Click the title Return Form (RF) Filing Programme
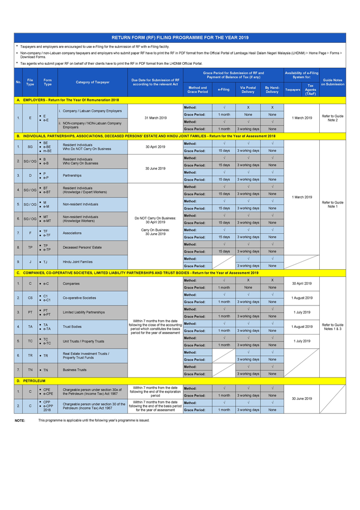coord(179,38)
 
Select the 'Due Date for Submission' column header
coord(155,82)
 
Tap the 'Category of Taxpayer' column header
coord(92,82)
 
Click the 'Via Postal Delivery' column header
coord(248,90)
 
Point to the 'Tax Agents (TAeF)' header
coord(310,90)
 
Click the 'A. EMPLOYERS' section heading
coord(67,100)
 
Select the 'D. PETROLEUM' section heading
coord(31,380)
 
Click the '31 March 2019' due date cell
coord(155,118)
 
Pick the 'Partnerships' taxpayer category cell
coord(72,175)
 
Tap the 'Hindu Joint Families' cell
coord(78,262)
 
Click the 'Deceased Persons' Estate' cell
coord(79,247)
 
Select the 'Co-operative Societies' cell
coord(79,298)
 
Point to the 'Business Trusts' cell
coord(74,370)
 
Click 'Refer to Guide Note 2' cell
coord(332,118)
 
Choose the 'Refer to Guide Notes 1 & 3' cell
coord(332,327)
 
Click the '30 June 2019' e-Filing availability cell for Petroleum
coord(301,399)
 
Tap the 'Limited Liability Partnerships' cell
coord(84,312)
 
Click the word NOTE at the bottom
coord(20,420)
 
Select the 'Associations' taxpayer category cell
coord(72,233)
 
